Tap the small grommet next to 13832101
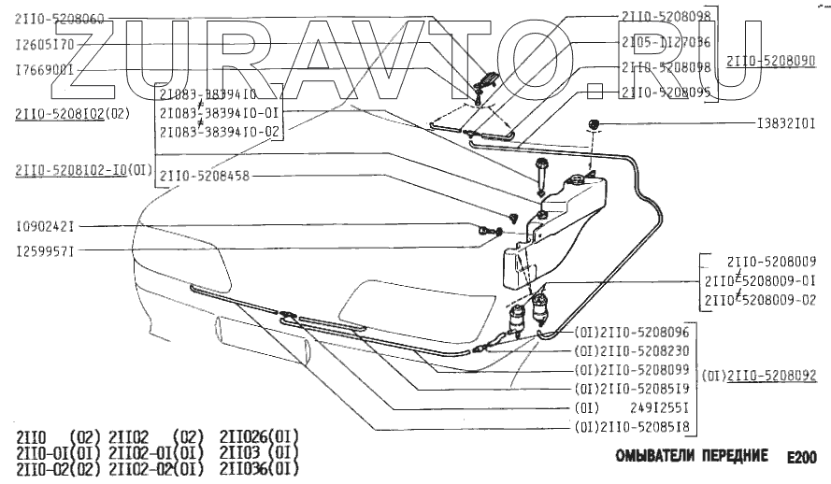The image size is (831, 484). [593, 124]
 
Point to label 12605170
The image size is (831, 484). [45, 43]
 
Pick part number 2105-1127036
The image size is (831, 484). [665, 42]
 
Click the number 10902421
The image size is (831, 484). [46, 226]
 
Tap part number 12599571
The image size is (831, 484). [46, 250]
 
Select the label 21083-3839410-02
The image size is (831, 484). [221, 131]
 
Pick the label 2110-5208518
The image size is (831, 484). [644, 427]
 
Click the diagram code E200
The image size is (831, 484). [800, 458]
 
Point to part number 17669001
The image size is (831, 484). [45, 68]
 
